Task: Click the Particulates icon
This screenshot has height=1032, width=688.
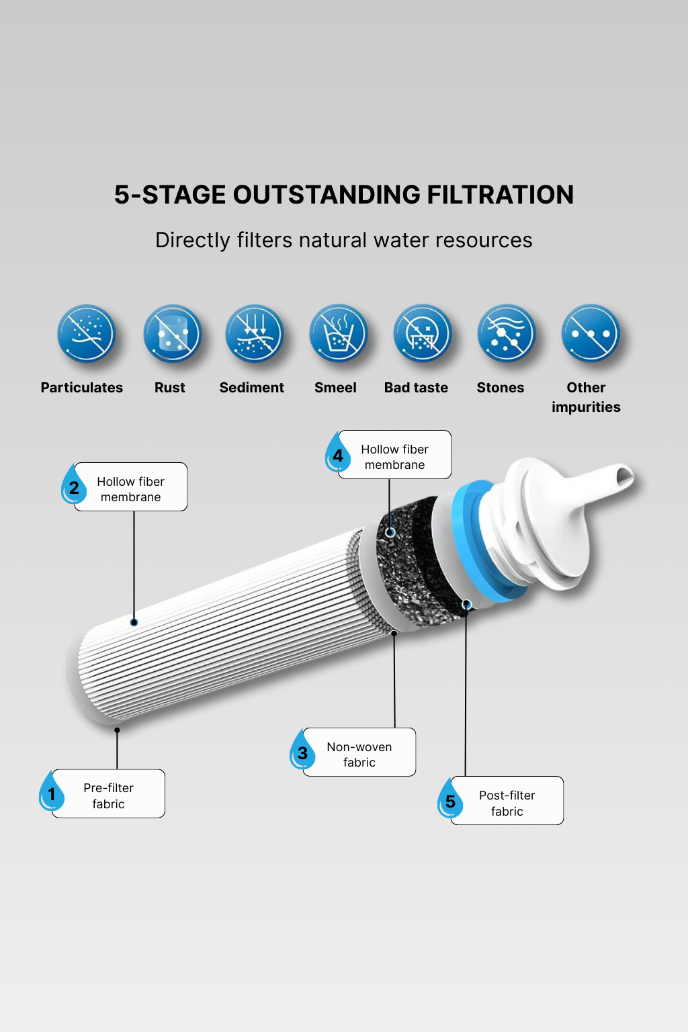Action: pos(86,333)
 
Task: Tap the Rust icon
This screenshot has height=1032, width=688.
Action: pos(172,333)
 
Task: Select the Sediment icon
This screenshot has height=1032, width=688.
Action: pos(255,333)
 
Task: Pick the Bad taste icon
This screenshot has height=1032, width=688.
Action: pos(422,333)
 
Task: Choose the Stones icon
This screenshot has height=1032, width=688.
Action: pos(507,333)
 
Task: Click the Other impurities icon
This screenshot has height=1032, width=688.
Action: pos(591,333)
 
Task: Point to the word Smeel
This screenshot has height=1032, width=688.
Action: pos(335,388)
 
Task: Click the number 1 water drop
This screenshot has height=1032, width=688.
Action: pos(51,791)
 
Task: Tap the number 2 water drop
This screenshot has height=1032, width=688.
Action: pos(73,484)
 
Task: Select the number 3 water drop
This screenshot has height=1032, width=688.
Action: pos(302,750)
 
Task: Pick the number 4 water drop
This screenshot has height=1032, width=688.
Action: pos(337,452)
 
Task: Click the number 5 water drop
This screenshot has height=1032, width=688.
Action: pos(449,798)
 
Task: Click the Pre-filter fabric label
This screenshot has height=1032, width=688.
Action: pos(109,795)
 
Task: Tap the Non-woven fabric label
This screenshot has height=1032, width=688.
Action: pos(359,755)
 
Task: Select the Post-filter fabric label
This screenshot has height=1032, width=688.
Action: pos(507,803)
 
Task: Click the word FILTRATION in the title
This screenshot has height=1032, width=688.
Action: pos(501,194)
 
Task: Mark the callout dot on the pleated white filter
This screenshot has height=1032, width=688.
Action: pos(134,622)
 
